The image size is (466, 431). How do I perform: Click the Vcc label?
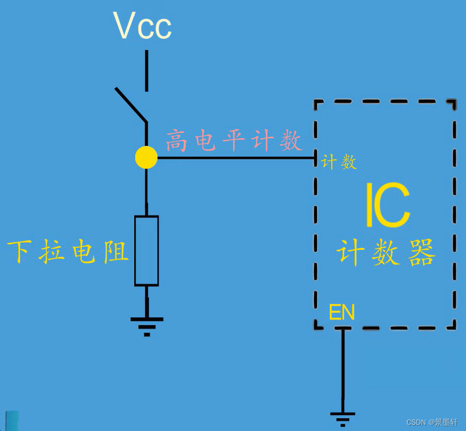(x=142, y=26)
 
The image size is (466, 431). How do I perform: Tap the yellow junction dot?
(x=146, y=157)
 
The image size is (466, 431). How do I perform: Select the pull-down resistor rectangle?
(x=146, y=250)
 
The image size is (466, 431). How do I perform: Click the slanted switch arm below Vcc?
(x=131, y=105)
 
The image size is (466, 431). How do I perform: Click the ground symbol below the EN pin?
(x=343, y=417)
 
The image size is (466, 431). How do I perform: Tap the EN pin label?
(x=342, y=312)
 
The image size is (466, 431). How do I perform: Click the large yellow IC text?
(x=387, y=205)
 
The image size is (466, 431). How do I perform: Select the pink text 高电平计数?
(x=234, y=141)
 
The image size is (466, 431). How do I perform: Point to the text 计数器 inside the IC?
(x=386, y=252)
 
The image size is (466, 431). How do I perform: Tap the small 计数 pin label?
(x=339, y=162)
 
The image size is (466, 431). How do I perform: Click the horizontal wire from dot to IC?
(x=236, y=158)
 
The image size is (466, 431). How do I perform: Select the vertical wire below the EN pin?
(x=343, y=369)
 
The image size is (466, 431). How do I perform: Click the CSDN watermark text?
(x=432, y=422)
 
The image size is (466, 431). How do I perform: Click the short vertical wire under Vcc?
(x=147, y=71)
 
